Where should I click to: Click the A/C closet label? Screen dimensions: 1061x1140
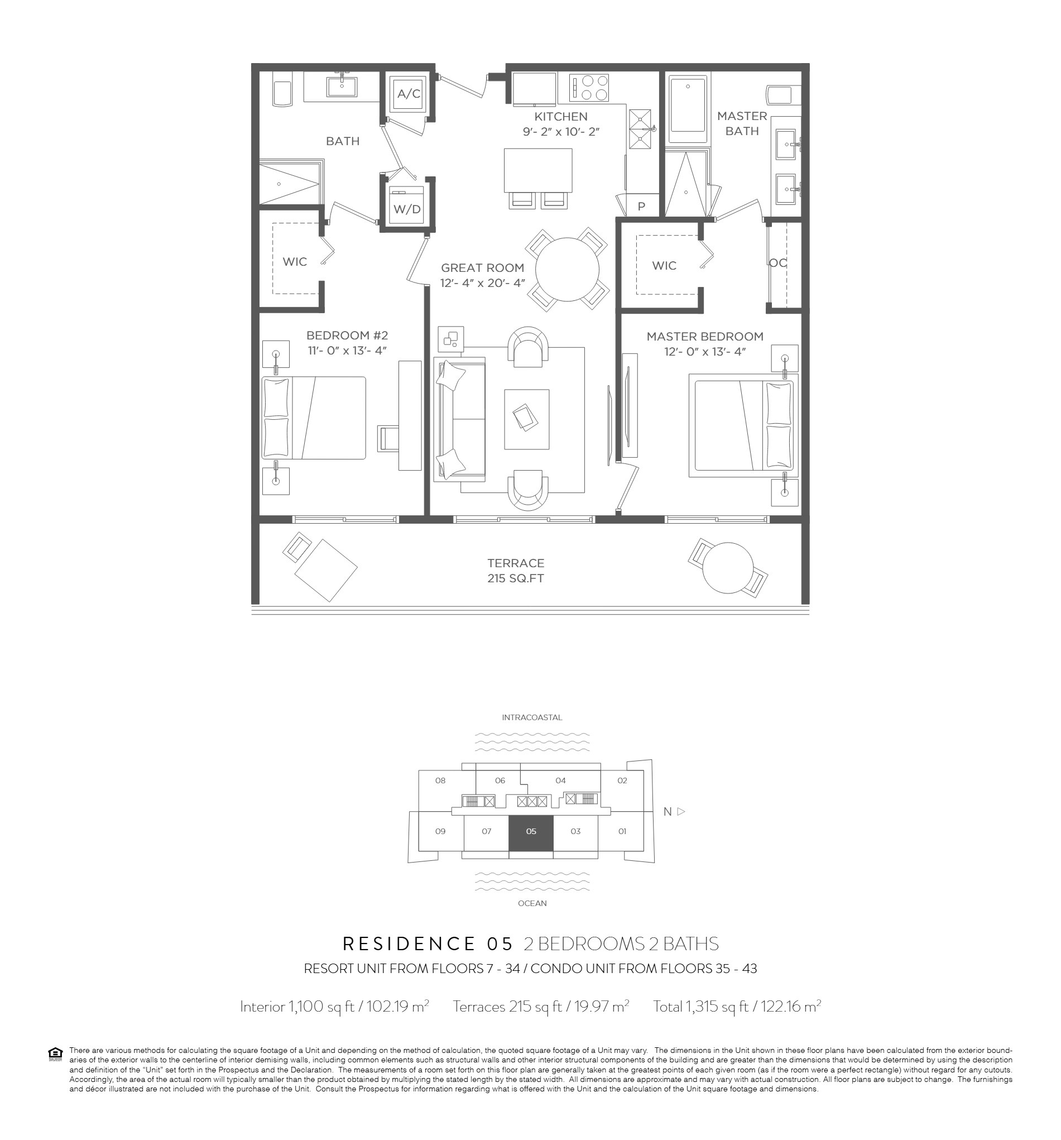coord(409,93)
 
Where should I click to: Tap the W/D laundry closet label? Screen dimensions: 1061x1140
coord(407,209)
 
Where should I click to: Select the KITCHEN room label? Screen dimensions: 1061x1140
coord(560,117)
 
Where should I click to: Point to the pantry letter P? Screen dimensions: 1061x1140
coord(641,207)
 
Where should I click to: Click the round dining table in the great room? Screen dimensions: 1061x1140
coord(567,270)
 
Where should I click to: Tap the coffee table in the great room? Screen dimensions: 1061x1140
coord(526,419)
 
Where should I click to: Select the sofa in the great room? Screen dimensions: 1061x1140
coord(460,419)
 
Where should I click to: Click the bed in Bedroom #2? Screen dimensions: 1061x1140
coord(314,418)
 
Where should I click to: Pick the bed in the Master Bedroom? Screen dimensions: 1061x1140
coord(743,425)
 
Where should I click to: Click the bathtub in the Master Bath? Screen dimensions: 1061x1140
coord(688,107)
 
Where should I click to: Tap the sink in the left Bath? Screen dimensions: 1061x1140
coord(342,87)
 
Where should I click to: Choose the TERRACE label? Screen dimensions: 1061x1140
coord(516,563)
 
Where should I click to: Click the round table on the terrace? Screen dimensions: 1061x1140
coord(728,568)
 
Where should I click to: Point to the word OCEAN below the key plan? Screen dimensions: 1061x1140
coord(532,903)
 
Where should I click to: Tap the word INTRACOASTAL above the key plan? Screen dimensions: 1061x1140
coord(532,717)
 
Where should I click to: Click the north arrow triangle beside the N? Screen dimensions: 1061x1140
coord(681,811)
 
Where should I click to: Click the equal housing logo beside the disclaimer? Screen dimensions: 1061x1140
coord(56,1054)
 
